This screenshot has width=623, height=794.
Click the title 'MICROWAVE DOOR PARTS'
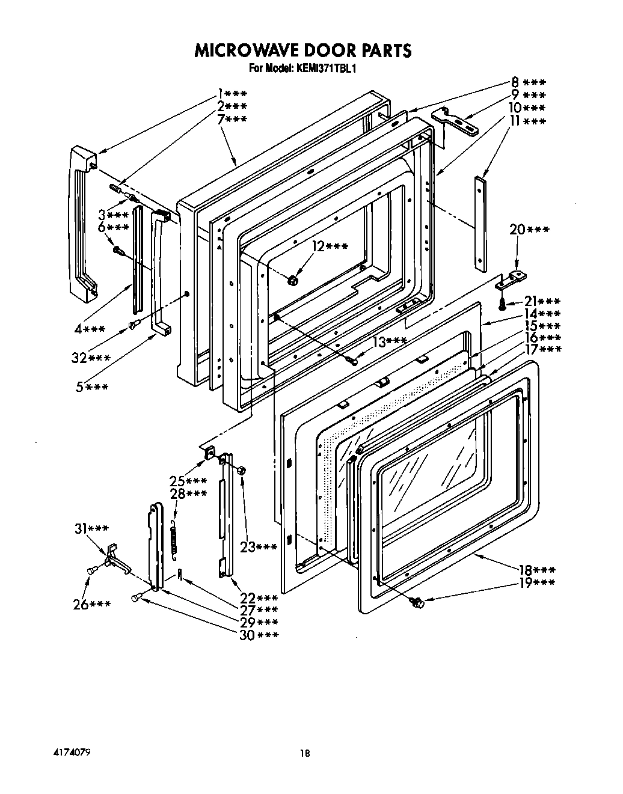click(302, 50)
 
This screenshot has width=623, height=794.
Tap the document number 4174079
click(71, 752)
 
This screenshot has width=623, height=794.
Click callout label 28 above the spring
click(188, 493)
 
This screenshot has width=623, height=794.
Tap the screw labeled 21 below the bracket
click(502, 304)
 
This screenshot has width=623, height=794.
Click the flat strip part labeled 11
click(481, 222)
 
